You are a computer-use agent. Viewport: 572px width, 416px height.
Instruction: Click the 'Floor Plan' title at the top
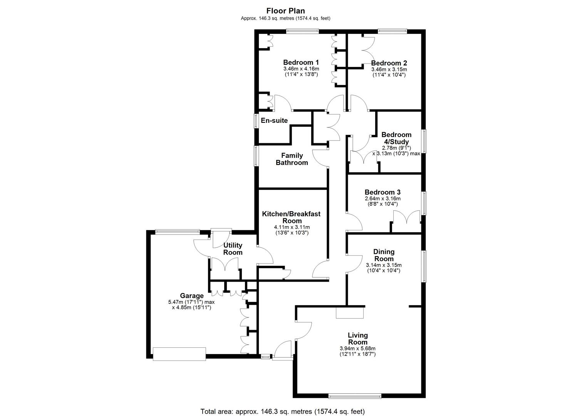click(x=285, y=11)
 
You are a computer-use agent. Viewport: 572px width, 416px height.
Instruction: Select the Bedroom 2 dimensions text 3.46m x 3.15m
click(x=389, y=69)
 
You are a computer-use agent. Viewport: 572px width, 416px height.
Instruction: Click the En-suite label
click(x=274, y=121)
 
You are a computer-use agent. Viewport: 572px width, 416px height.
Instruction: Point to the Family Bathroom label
click(x=292, y=159)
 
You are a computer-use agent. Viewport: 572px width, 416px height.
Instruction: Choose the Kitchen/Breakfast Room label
click(x=292, y=217)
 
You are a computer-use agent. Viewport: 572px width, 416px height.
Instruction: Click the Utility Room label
click(x=233, y=249)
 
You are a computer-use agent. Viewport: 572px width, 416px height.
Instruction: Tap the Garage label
click(x=192, y=296)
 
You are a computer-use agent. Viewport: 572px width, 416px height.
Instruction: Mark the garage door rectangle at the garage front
click(x=179, y=354)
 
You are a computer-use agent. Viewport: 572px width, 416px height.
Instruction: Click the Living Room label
click(x=358, y=339)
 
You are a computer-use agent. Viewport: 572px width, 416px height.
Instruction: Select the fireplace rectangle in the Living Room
click(x=350, y=313)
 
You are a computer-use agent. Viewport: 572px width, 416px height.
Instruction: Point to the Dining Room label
click(x=384, y=255)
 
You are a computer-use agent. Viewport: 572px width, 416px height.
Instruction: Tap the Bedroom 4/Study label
click(x=396, y=138)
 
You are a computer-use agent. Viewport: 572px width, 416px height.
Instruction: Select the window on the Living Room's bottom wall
click(x=355, y=395)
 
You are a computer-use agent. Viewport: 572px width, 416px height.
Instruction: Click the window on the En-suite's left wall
click(x=255, y=121)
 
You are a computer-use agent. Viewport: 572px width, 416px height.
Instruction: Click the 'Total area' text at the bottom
click(x=282, y=411)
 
